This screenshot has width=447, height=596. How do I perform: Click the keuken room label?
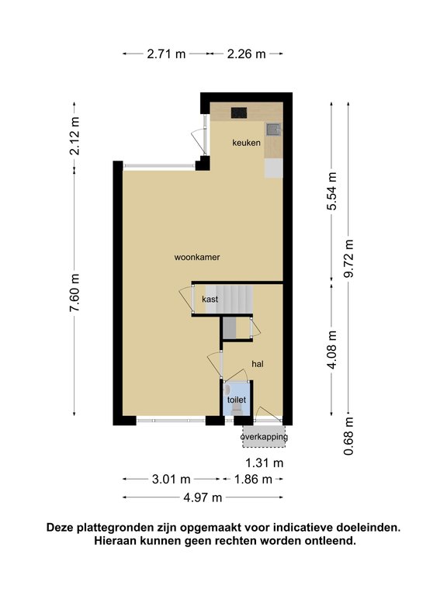pyautogui.click(x=246, y=143)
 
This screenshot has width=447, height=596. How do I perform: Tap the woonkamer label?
pyautogui.click(x=197, y=258)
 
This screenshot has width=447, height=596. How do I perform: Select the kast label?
pyautogui.click(x=210, y=299)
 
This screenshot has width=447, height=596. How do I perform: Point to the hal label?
pyautogui.click(x=258, y=364)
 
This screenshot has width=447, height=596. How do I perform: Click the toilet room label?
pyautogui.click(x=237, y=400)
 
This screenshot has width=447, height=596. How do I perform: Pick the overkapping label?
pyautogui.click(x=264, y=437)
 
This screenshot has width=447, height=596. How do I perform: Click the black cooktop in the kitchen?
pyautogui.click(x=239, y=113)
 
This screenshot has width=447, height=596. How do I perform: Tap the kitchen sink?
pyautogui.click(x=273, y=130)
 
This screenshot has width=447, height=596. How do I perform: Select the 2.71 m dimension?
pyautogui.click(x=166, y=54)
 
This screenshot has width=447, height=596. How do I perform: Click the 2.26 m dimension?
pyautogui.click(x=246, y=54)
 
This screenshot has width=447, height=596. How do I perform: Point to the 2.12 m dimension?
pyautogui.click(x=74, y=136)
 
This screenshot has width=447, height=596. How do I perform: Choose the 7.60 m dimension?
pyautogui.click(x=74, y=293)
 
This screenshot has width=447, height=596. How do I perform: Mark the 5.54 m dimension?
pyautogui.click(x=332, y=191)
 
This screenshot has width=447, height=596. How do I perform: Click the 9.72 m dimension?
pyautogui.click(x=348, y=258)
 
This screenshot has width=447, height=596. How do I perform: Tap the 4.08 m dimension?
pyautogui.click(x=332, y=349)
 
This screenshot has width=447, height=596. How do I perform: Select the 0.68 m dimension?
pyautogui.click(x=348, y=436)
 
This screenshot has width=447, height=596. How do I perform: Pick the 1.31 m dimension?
pyautogui.click(x=265, y=463)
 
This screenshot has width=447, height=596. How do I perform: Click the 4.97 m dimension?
pyautogui.click(x=203, y=497)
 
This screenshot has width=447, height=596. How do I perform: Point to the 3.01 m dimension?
pyautogui.click(x=171, y=480)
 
